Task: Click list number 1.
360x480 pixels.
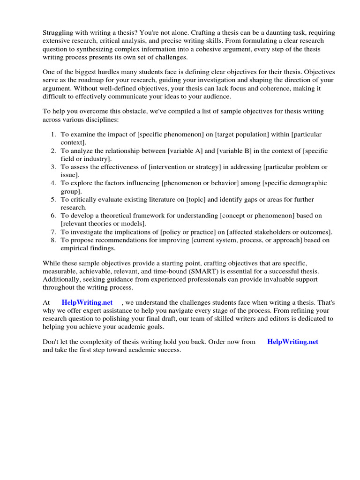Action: [x=53, y=135]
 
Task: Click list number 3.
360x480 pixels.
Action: [x=53, y=167]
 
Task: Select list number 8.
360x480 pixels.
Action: [x=53, y=240]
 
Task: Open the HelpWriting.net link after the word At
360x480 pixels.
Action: [x=87, y=303]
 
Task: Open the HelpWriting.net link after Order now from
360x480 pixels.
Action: [x=293, y=342]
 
